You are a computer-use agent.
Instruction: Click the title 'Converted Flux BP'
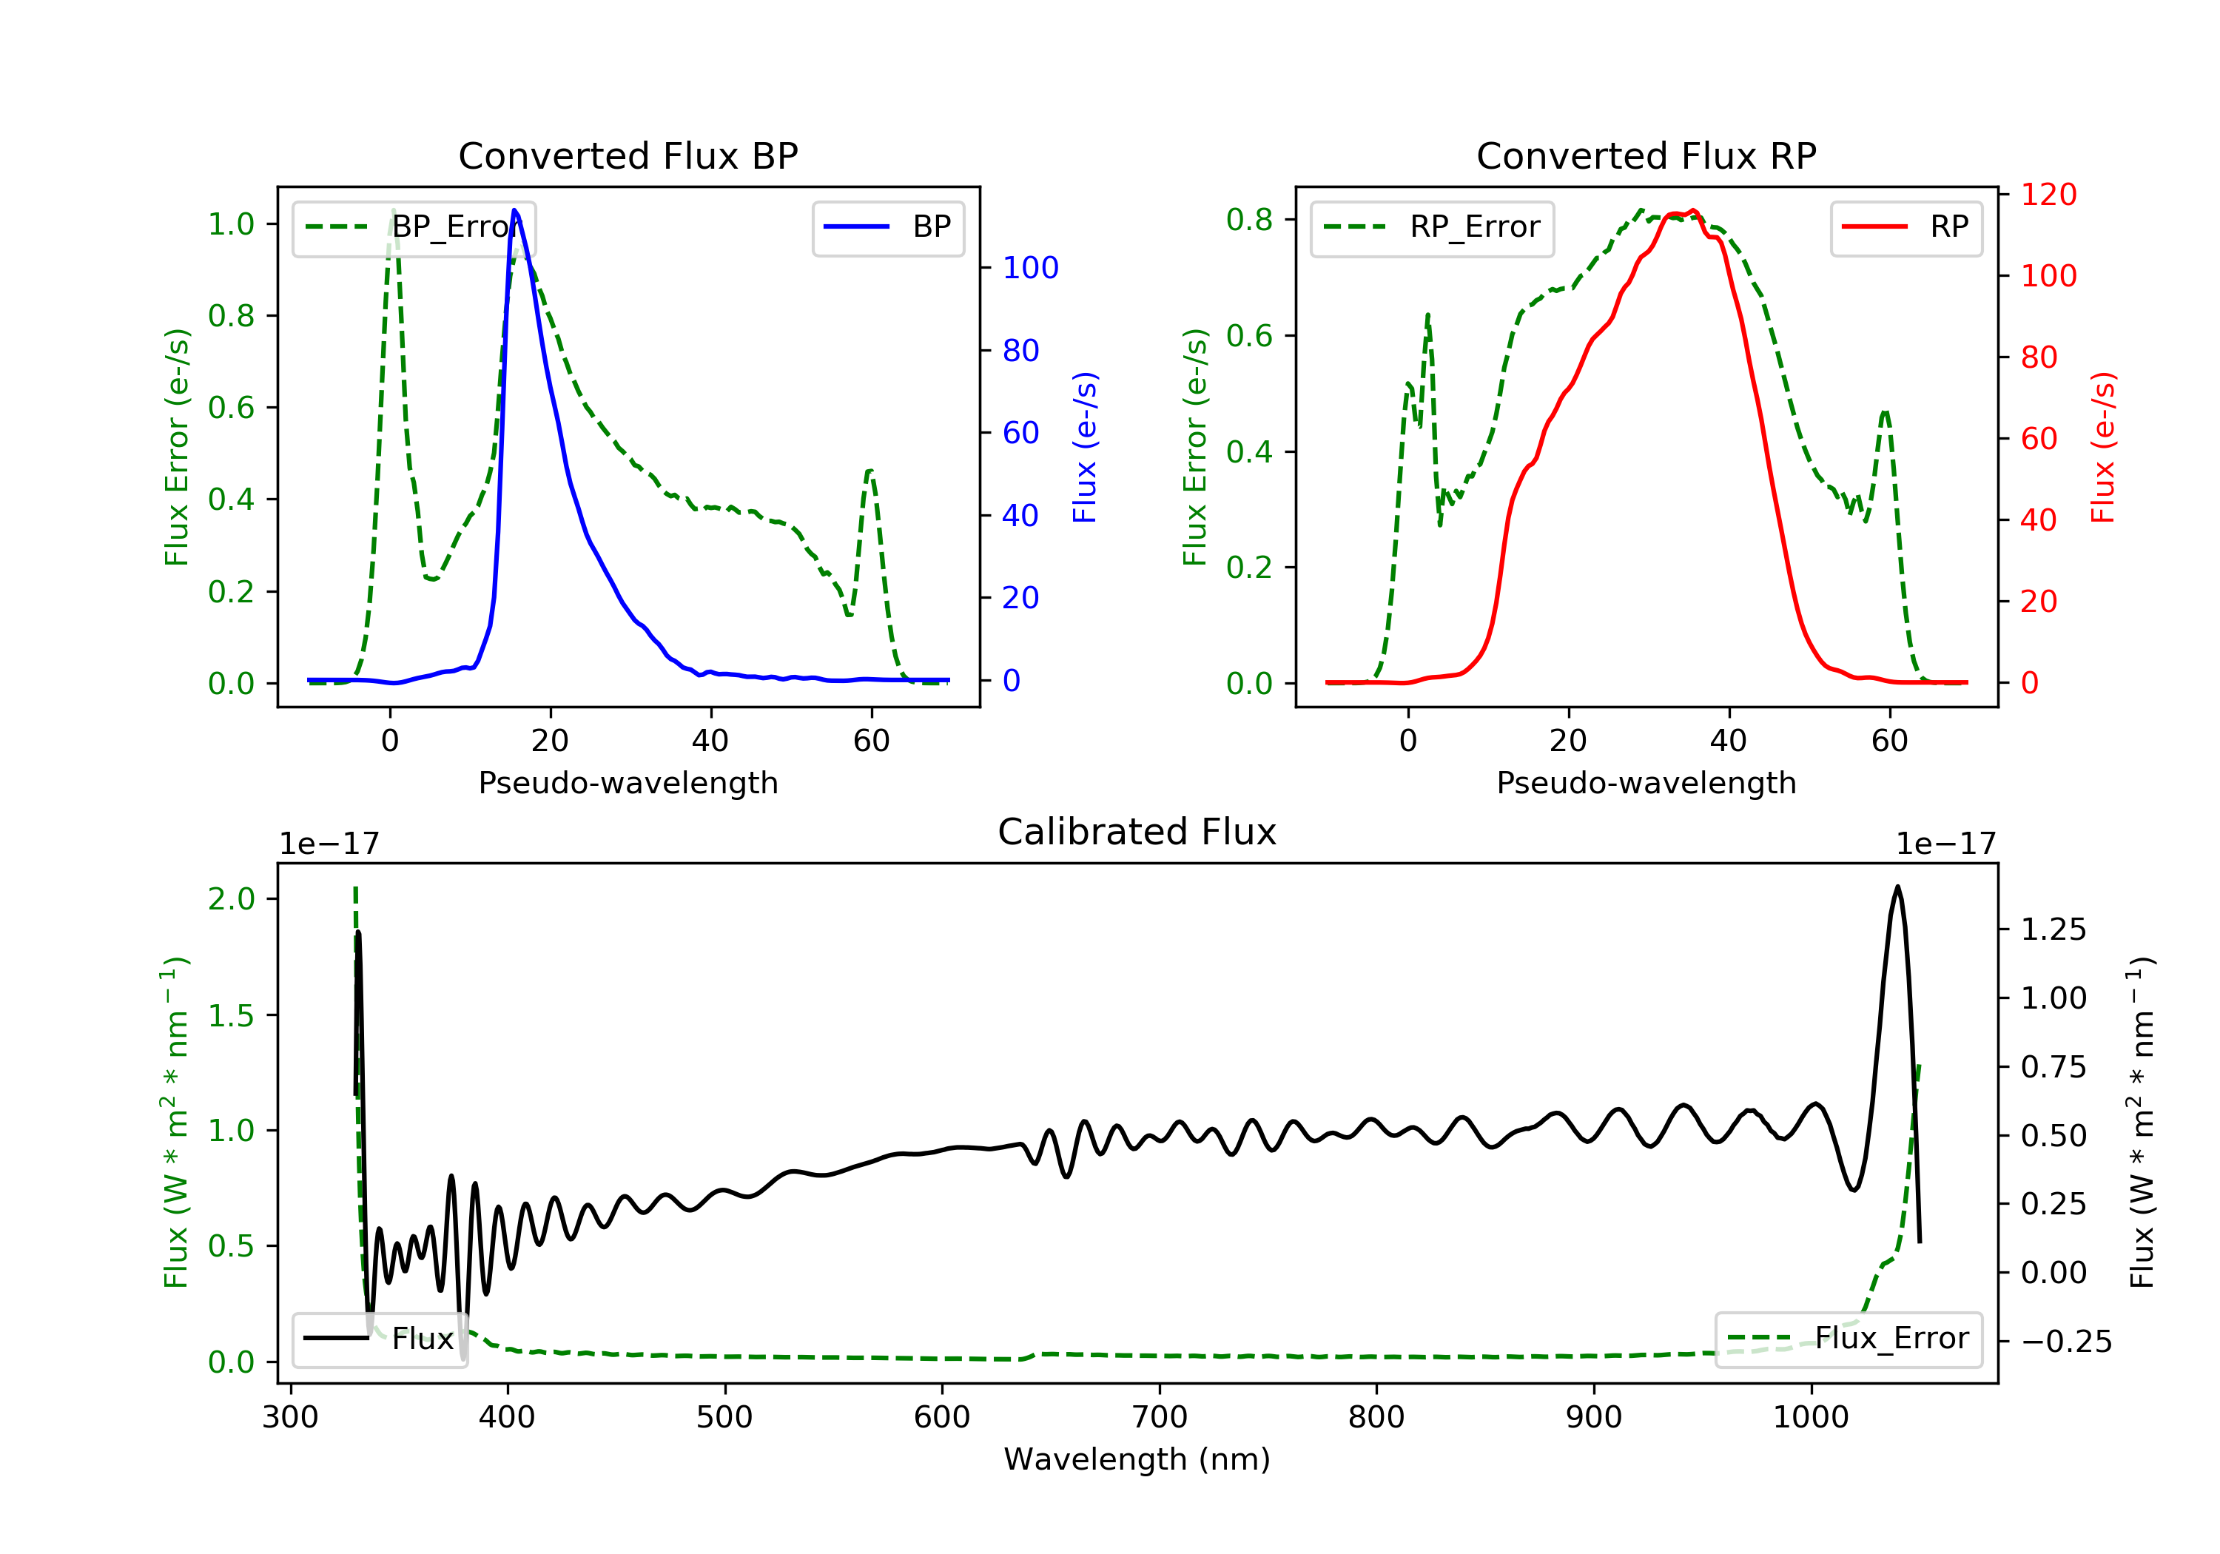tap(628, 155)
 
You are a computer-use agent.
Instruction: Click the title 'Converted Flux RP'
tap(1646, 155)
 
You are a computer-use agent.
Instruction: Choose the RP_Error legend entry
tap(1432, 227)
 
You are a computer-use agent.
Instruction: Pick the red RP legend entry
tap(1905, 227)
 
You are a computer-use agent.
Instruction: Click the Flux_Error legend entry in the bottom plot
tap(1848, 1339)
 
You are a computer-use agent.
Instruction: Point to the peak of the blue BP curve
tap(514, 210)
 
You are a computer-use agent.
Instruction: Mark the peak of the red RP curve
tap(1693, 211)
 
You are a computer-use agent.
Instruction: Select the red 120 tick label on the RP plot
tap(2049, 195)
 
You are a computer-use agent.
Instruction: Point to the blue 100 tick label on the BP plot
tap(1030, 268)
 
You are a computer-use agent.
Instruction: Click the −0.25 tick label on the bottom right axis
tap(2066, 1342)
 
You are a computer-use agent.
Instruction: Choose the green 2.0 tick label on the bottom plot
tap(231, 899)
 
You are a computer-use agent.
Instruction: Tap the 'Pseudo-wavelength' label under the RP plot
tap(1646, 782)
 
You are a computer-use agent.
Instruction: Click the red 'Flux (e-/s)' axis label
tap(2103, 447)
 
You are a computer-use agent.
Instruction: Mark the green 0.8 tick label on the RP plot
tap(1248, 220)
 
